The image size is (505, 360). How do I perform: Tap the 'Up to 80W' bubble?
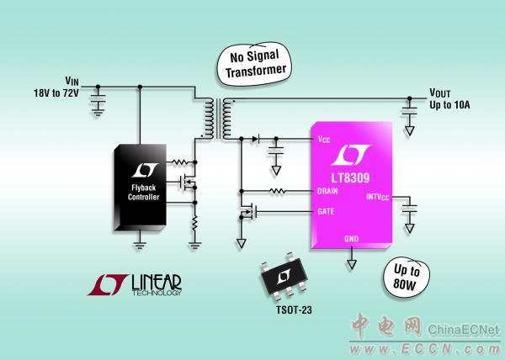point(407,278)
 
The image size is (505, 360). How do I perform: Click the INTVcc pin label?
point(375,199)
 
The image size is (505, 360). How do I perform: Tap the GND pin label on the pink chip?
point(352,239)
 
